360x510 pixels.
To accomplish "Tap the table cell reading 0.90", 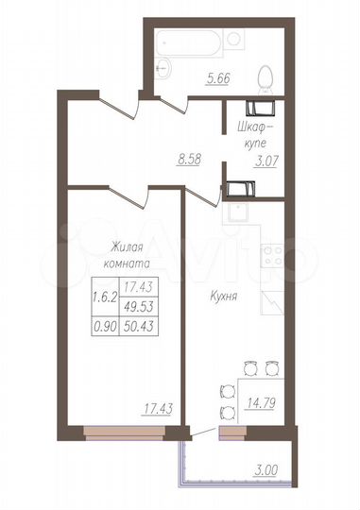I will [x=104, y=326].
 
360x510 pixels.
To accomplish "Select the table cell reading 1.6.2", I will [x=104, y=296].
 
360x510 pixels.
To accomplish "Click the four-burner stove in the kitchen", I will [x=271, y=255].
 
